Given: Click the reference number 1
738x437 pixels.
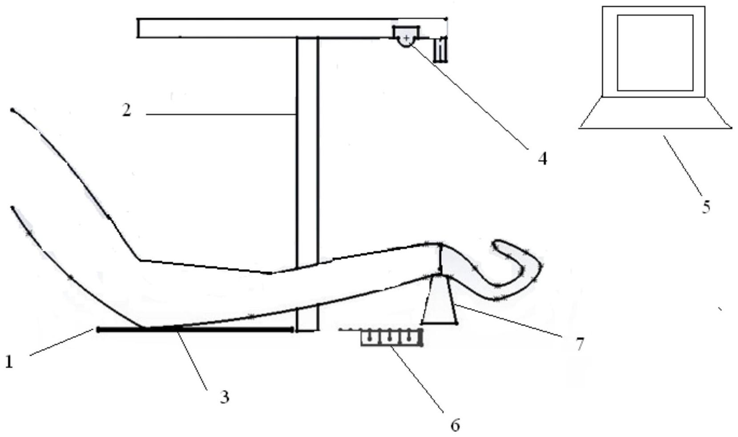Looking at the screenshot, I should coord(9,361).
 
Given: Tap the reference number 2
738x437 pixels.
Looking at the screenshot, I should coord(127,110).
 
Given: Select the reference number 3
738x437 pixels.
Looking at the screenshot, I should coord(225,397).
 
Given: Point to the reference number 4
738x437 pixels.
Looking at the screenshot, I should coord(542,158).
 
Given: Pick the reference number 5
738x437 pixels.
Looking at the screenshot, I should coord(706,206).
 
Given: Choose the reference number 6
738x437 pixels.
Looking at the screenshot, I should coord(455,425).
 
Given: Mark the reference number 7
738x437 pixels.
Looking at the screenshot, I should coord(579,344).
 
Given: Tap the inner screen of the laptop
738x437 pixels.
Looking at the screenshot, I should coord(655,53).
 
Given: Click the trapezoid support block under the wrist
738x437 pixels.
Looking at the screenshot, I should coord(439,300).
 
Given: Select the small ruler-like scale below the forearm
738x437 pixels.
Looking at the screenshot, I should coord(391,338).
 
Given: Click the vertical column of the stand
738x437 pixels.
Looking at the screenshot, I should coord(307,178).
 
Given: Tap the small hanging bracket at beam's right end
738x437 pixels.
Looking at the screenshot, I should coord(440,50).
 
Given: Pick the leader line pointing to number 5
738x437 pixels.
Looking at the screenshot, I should coord(683,165).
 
